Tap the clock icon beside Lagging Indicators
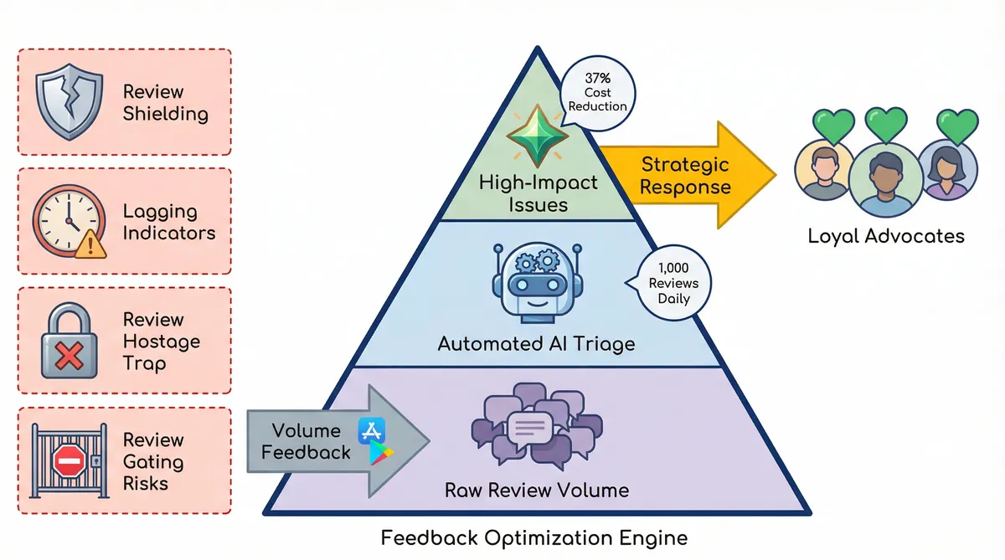coord(67,220)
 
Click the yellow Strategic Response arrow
coord(687,175)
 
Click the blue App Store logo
coord(370,431)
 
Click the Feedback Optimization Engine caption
coord(534,537)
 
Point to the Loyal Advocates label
coord(885,236)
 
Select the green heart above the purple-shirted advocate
coord(957,126)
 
